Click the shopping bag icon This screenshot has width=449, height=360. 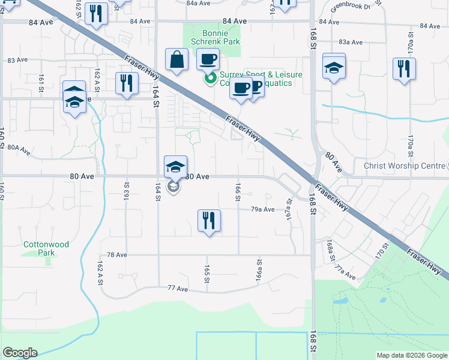(177, 60)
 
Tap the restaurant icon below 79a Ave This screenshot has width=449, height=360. (209, 221)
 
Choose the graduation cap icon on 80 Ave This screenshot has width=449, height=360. (176, 166)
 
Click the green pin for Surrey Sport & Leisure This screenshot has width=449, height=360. (210, 78)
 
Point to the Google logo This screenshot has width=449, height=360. (20, 353)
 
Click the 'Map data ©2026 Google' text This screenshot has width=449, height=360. (412, 355)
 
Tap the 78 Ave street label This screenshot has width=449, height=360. (117, 255)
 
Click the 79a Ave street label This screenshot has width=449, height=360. (262, 209)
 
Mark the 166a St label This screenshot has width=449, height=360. (259, 270)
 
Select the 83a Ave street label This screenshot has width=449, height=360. (351, 42)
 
